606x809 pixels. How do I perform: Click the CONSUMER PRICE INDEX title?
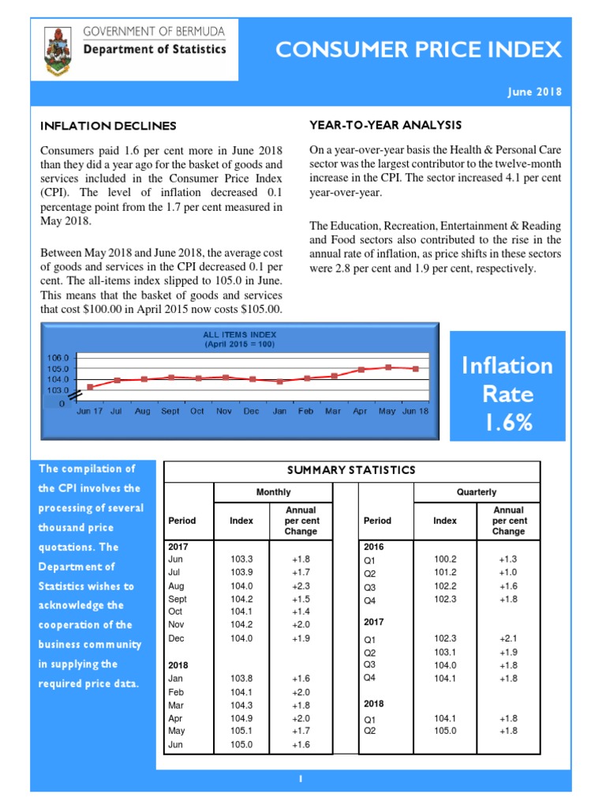(418, 51)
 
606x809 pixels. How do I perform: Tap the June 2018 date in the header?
(534, 92)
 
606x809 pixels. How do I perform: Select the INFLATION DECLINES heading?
(108, 126)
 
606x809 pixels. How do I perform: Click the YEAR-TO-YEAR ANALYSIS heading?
(385, 125)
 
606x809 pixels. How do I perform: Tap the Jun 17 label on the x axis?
(89, 411)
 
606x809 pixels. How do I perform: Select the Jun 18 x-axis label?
(416, 411)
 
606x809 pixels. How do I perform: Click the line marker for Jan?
(279, 381)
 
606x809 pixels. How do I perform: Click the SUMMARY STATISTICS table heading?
(351, 470)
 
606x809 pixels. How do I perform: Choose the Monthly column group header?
(274, 492)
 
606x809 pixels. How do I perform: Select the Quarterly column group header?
(476, 492)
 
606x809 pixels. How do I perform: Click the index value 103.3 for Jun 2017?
(241, 559)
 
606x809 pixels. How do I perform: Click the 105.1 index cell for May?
(241, 731)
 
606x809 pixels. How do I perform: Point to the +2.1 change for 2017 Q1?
(507, 638)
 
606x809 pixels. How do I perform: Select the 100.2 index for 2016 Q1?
(445, 559)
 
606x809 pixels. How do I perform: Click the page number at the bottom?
(301, 780)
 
